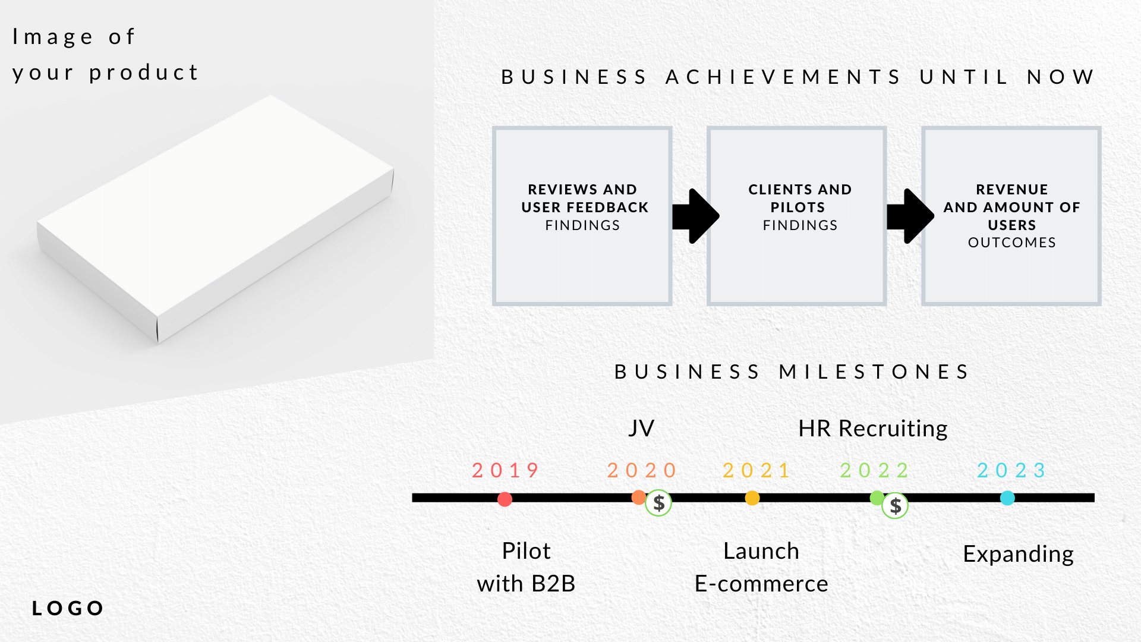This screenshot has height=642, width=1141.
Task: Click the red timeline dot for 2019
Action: [505, 499]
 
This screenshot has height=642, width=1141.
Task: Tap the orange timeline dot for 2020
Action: [638, 497]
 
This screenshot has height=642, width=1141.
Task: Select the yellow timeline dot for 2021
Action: [752, 498]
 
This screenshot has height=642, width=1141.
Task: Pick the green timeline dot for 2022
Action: [877, 498]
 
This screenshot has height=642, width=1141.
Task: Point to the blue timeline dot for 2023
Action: [1007, 498]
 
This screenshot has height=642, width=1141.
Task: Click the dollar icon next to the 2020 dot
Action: [658, 503]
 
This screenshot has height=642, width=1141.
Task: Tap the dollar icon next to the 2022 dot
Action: [895, 506]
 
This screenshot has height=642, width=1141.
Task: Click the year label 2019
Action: [506, 470]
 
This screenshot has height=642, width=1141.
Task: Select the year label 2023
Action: [1011, 470]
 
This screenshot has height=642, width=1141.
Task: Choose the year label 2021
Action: [757, 470]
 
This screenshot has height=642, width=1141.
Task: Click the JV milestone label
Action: [641, 428]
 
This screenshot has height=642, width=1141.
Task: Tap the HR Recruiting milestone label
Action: [872, 428]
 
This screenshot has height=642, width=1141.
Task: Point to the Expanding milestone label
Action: [1018, 553]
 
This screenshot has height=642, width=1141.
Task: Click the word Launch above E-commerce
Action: [761, 551]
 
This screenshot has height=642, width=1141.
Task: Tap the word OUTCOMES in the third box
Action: [1011, 243]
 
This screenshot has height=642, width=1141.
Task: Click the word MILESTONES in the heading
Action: [874, 372]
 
